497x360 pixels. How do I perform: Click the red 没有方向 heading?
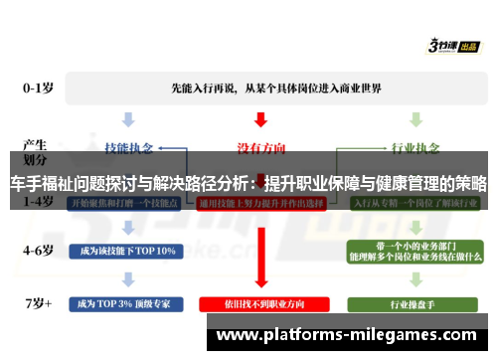click(259, 146)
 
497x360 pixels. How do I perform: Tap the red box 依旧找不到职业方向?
click(259, 301)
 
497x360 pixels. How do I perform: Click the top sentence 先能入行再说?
click(260, 87)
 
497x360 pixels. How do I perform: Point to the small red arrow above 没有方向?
click(259, 120)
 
